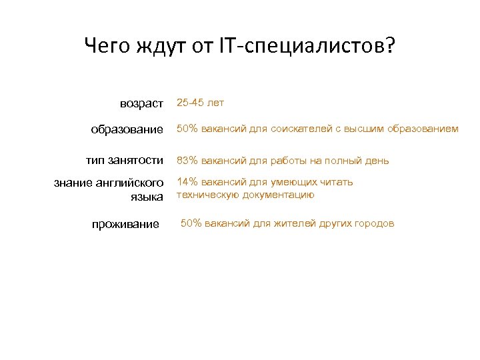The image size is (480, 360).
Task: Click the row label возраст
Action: coord(141,103)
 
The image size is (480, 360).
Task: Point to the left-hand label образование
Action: coord(127,129)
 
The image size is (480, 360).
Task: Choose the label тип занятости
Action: coord(125,161)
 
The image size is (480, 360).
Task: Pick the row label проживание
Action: coord(125,224)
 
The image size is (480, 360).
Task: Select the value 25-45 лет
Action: coord(200,103)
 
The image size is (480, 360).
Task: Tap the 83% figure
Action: coord(186,161)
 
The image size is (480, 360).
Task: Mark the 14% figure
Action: coord(186,182)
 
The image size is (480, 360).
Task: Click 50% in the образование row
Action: coord(186,129)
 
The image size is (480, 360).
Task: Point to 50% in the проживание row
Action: coord(191,223)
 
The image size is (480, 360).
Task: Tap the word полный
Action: coord(351,161)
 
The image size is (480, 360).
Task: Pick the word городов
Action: coord(375,223)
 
